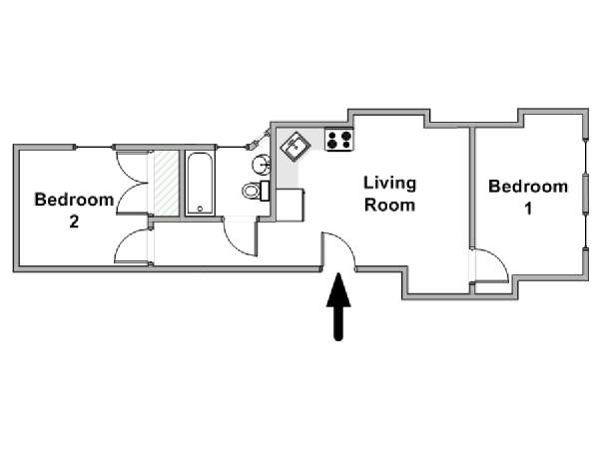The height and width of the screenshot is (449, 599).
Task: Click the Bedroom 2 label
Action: tap(74, 211)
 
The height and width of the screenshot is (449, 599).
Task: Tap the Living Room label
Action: tap(389, 194)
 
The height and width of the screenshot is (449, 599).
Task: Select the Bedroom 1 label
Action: tap(528, 197)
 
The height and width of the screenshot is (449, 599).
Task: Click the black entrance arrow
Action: tap(338, 306)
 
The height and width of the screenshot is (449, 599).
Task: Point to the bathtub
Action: tap(200, 184)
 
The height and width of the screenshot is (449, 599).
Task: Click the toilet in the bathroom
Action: tap(256, 191)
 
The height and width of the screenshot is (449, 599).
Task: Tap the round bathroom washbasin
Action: tap(262, 165)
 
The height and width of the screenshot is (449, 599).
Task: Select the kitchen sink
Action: tap(296, 147)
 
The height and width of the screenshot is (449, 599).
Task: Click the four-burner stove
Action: tap(339, 140)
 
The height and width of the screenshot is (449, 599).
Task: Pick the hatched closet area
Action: tap(166, 183)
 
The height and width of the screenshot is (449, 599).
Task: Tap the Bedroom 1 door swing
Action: tap(490, 266)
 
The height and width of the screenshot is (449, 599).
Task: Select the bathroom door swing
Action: tap(241, 237)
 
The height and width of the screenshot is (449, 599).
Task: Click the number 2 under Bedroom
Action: tap(74, 222)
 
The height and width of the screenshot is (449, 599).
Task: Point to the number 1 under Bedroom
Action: tap(528, 209)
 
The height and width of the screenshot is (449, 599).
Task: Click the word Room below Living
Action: tap(389, 205)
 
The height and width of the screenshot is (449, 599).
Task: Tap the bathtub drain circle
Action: tap(200, 209)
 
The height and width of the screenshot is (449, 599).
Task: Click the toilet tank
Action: tap(265, 191)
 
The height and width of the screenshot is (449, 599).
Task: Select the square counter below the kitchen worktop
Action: tap(290, 205)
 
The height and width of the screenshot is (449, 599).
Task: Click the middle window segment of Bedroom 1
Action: tap(585, 194)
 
